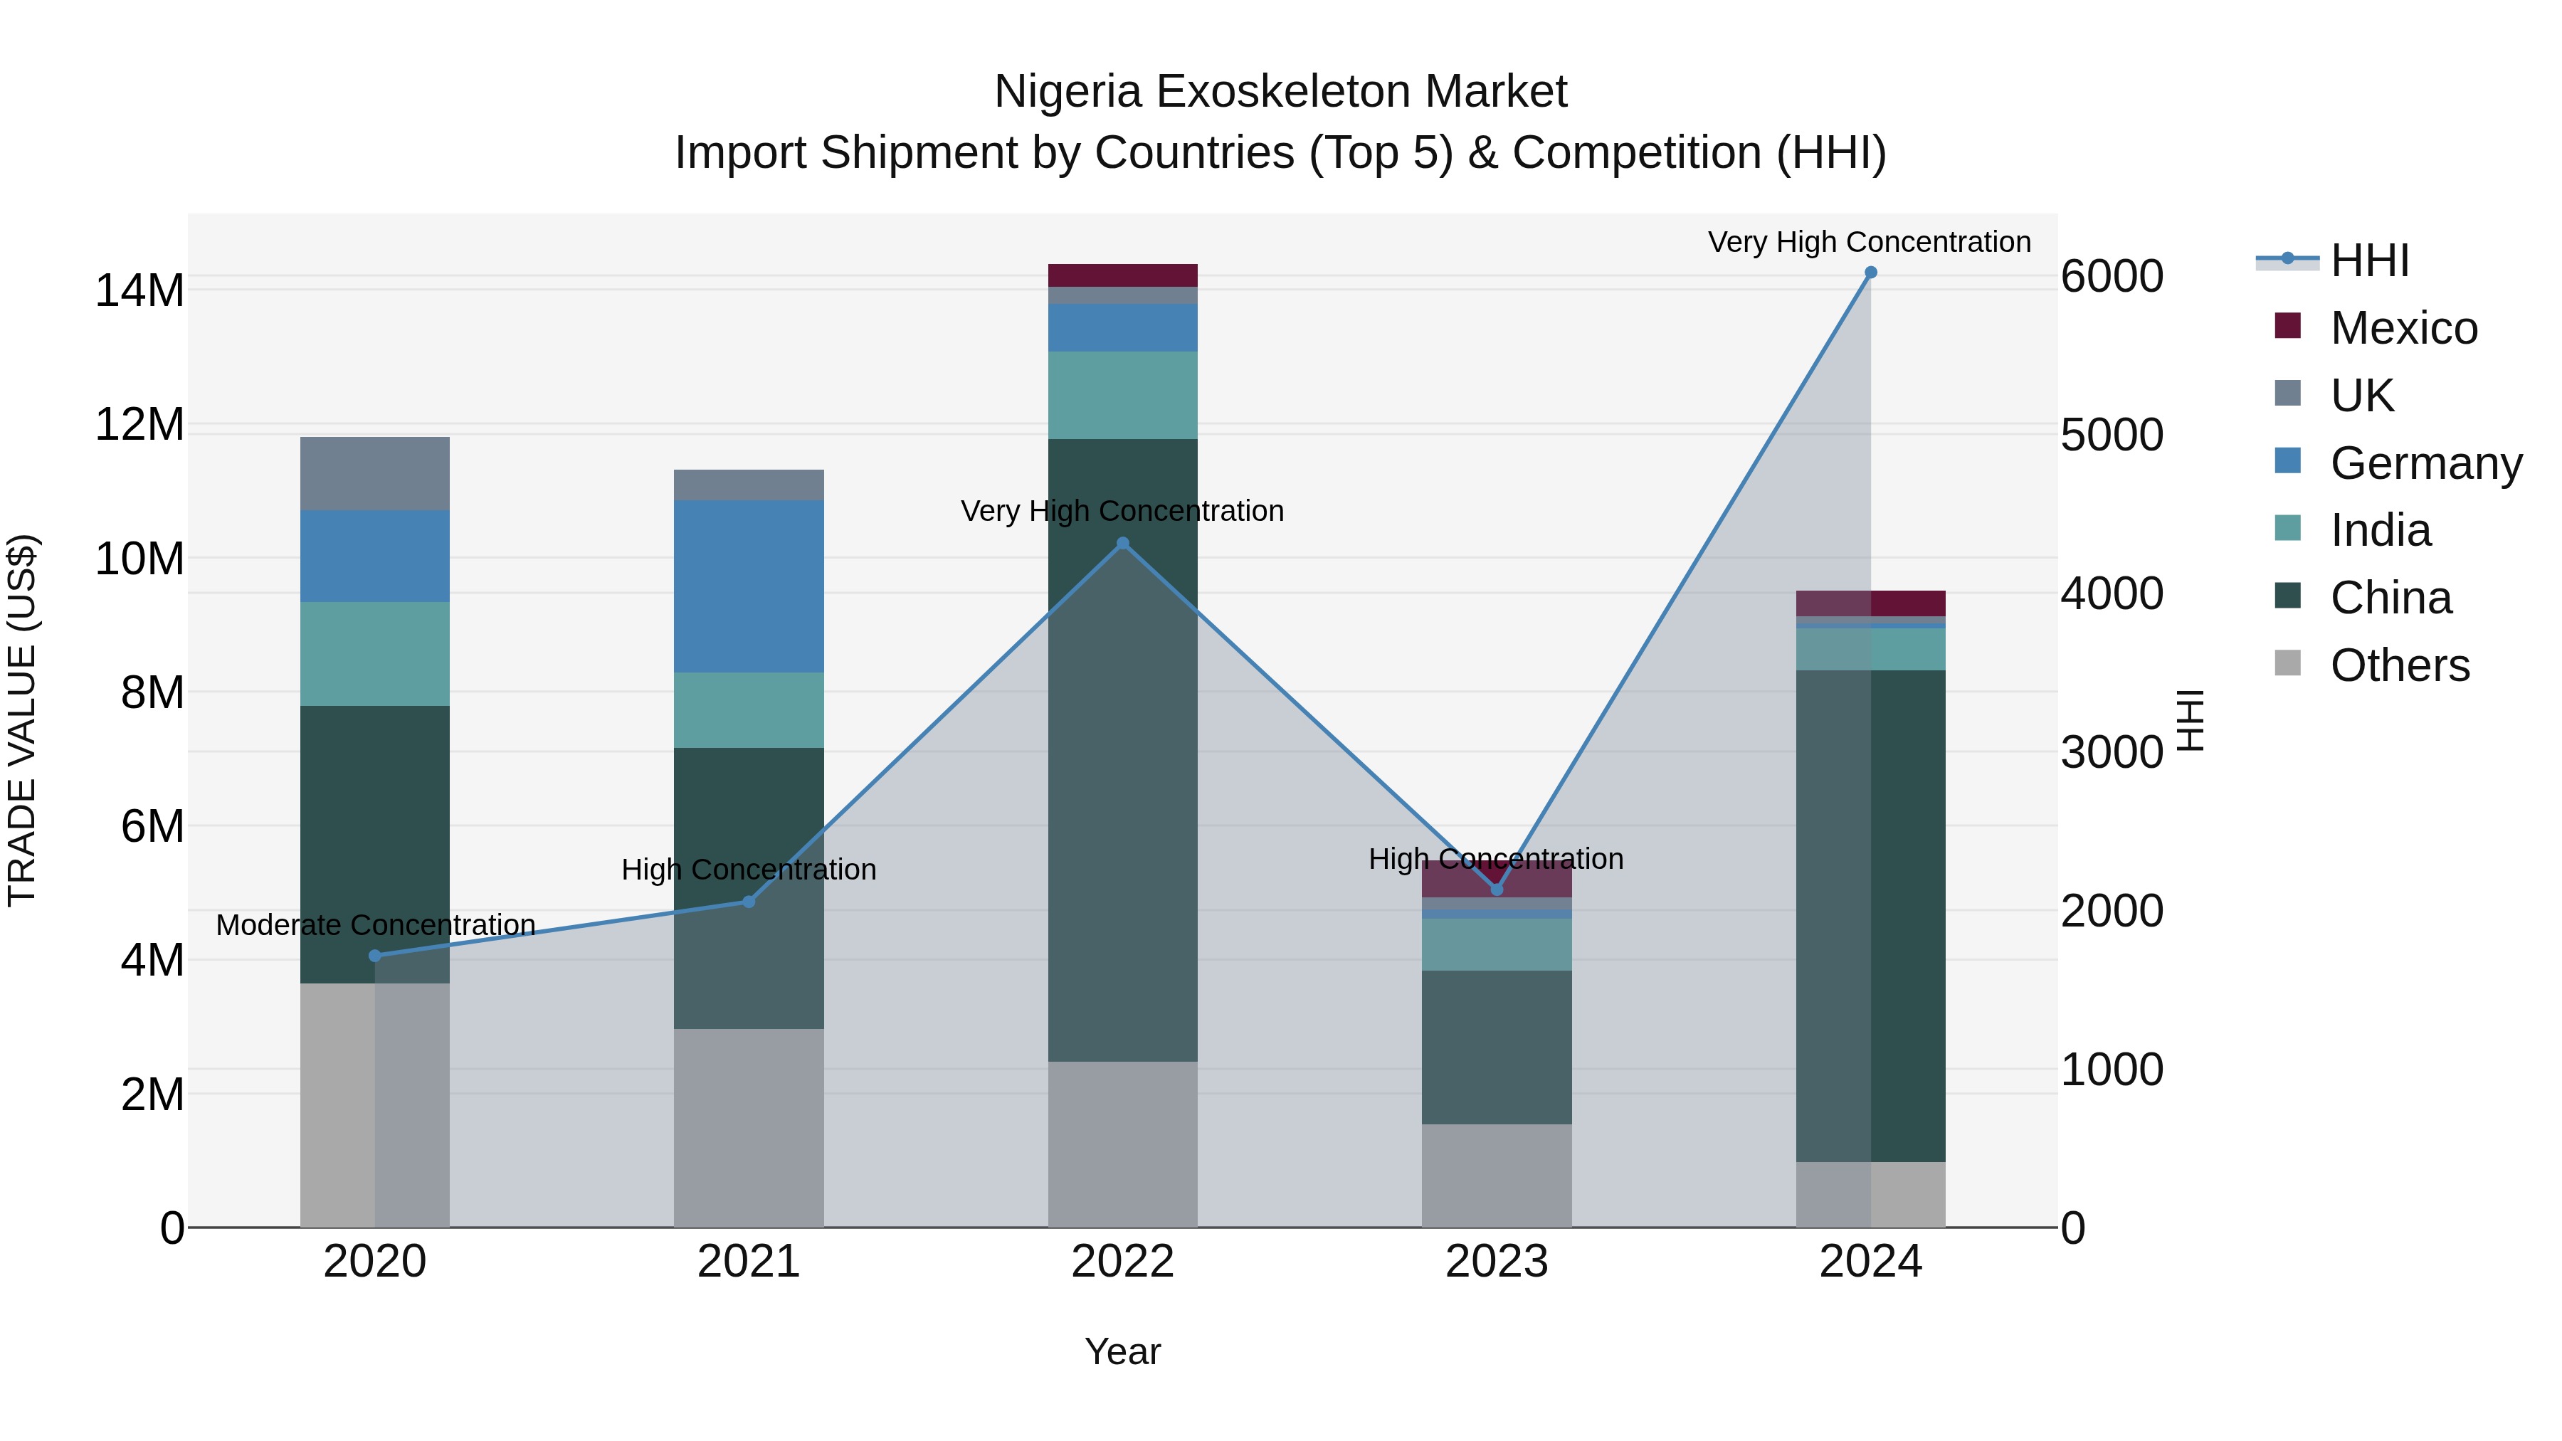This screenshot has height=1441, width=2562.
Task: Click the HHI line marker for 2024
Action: (x=1870, y=273)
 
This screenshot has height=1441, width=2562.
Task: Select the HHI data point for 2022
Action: (x=1123, y=543)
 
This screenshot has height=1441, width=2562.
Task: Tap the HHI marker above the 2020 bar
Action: (x=375, y=956)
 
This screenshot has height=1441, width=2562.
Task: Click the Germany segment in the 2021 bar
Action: (x=749, y=587)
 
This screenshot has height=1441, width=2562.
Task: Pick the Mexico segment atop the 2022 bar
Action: (x=1123, y=275)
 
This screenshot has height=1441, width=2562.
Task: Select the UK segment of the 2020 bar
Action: (x=375, y=473)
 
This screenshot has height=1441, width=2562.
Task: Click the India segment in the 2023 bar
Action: (x=1496, y=945)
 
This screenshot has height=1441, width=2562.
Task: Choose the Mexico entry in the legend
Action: (x=2403, y=328)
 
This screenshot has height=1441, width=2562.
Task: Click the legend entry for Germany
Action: (x=2425, y=463)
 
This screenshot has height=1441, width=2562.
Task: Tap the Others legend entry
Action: (x=2399, y=665)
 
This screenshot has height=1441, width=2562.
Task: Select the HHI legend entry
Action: (x=2369, y=260)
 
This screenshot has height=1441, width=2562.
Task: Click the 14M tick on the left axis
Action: (x=139, y=291)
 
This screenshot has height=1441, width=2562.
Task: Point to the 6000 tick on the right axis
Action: (x=2111, y=277)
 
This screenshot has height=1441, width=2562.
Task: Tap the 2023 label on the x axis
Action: (x=1496, y=1262)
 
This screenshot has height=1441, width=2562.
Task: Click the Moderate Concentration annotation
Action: (x=375, y=925)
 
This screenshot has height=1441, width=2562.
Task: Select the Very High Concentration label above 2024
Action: (x=1869, y=242)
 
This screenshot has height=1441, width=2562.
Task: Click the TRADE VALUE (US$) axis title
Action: (x=22, y=720)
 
